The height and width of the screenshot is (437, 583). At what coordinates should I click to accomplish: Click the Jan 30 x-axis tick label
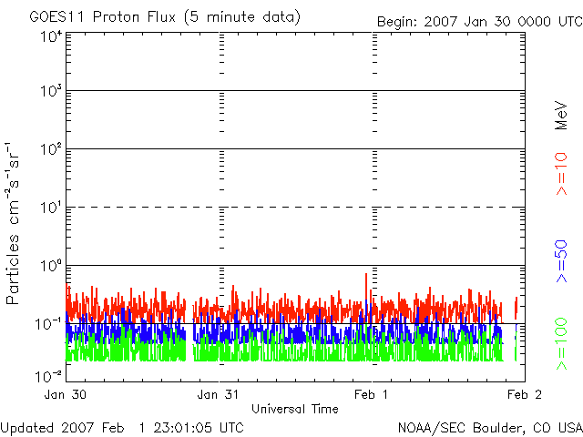[x=66, y=394]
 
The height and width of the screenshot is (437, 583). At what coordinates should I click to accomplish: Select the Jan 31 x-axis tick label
[x=219, y=394]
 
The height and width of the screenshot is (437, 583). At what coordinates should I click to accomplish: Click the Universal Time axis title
[x=294, y=409]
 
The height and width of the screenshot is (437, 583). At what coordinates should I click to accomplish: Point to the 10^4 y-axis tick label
[x=51, y=36]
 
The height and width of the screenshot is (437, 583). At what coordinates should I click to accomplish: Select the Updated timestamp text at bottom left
[x=122, y=426]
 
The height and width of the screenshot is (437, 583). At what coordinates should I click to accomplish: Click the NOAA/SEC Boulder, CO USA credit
[x=489, y=426]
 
